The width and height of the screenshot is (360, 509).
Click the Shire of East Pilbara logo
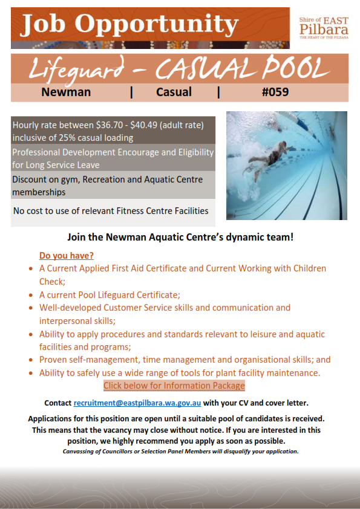(x=324, y=27)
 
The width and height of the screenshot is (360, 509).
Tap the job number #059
(x=275, y=92)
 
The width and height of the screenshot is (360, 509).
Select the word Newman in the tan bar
(x=66, y=92)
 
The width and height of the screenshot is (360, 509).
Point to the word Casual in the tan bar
(x=174, y=92)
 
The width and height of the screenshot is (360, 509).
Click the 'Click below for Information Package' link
(x=174, y=386)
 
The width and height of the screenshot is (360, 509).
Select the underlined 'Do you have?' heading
(x=67, y=255)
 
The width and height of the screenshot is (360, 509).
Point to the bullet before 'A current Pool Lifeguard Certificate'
(x=31, y=295)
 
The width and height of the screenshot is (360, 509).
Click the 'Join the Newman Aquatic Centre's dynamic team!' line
(x=180, y=238)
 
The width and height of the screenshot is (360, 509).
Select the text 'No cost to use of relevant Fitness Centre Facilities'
(x=111, y=211)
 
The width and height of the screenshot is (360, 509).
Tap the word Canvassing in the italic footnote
(x=82, y=451)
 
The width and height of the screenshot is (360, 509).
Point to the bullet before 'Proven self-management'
(x=31, y=360)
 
